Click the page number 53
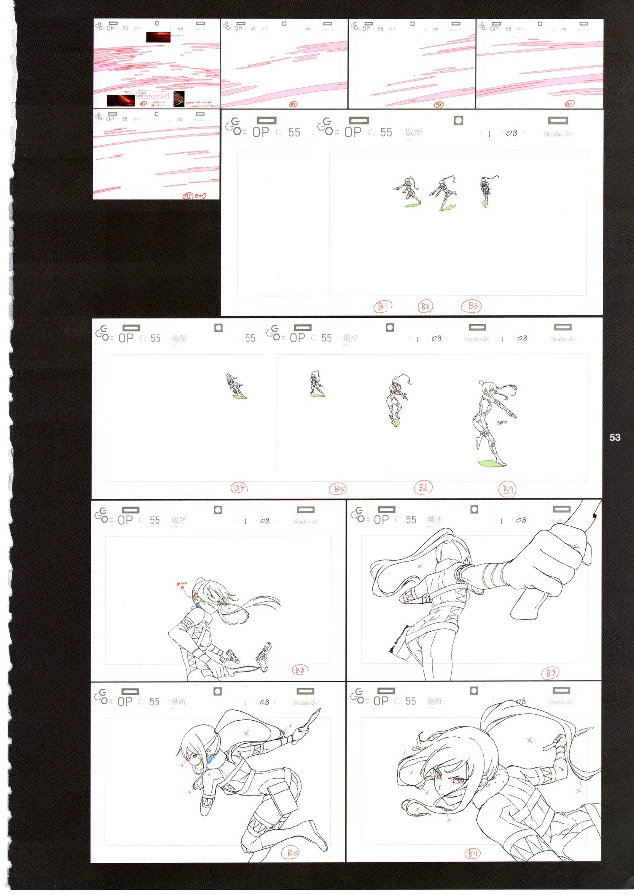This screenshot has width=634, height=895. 615,437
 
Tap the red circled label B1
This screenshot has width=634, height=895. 382,307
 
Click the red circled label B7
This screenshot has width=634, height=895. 507,490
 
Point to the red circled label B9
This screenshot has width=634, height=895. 550,673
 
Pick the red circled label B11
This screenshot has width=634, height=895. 473,854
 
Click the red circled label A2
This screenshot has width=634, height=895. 293,105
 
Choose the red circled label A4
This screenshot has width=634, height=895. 569,104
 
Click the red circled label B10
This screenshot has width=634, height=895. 292,853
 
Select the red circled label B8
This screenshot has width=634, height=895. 299,670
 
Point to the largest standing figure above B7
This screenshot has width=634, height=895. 493,421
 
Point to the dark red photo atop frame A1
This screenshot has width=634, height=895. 158,37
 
